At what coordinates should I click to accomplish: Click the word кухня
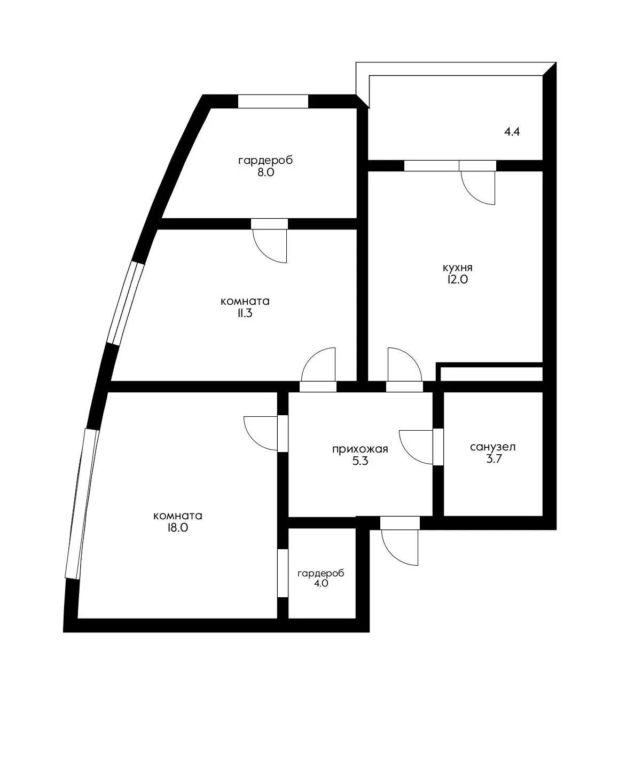coord(457,268)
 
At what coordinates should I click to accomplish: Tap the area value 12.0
coord(457,280)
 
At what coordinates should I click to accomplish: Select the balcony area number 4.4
coord(512,132)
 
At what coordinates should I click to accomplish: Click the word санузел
coord(492,447)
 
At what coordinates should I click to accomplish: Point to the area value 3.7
coord(492,459)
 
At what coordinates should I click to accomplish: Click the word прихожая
coord(359,449)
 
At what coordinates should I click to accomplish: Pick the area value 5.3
coord(359,461)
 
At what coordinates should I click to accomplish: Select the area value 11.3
coord(244,313)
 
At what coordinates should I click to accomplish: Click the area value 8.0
coord(265,172)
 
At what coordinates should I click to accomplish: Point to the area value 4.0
coord(320,584)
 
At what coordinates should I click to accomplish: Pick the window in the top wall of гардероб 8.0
coord(273,101)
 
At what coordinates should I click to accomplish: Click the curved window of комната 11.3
coord(126,302)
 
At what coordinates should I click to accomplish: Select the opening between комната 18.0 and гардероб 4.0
coord(283,573)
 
